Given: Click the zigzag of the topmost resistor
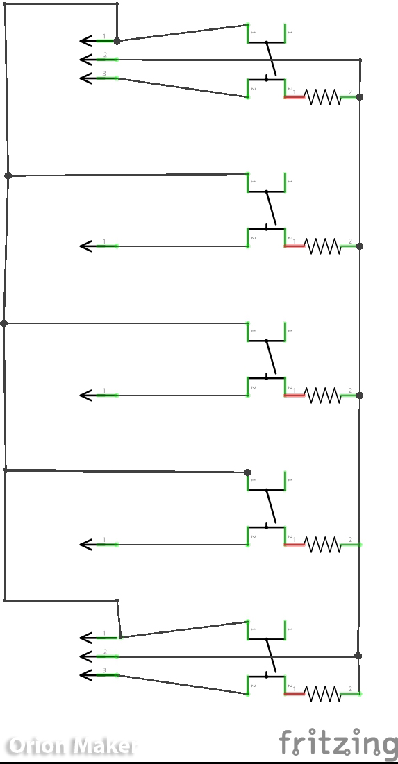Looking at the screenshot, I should click(x=324, y=96).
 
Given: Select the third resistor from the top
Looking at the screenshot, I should click(x=324, y=396).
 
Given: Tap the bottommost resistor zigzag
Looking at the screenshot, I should click(x=324, y=693).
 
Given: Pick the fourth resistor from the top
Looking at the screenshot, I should click(x=324, y=545).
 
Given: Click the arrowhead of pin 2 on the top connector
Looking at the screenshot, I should click(x=86, y=60).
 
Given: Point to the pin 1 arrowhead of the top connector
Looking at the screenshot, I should click(x=86, y=41).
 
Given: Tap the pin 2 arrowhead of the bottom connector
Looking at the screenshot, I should click(x=86, y=656).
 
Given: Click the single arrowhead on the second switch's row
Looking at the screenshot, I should click(x=86, y=246).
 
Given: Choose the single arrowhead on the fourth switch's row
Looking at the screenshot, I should click(x=86, y=545).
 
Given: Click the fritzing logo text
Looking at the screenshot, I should click(x=338, y=742).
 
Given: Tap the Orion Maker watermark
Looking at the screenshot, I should click(x=69, y=746).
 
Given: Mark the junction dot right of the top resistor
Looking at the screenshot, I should click(x=359, y=96).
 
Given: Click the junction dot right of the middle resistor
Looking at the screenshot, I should click(x=359, y=396).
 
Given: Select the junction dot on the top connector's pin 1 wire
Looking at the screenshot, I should click(x=117, y=41).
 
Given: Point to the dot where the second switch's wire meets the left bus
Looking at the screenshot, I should click(x=8, y=176).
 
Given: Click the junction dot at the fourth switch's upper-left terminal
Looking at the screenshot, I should click(x=247, y=473).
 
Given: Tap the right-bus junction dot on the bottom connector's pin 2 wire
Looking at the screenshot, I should click(x=358, y=656).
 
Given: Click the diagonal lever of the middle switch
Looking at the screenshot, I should click(x=271, y=359).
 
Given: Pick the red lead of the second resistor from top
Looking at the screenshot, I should click(x=295, y=246).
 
